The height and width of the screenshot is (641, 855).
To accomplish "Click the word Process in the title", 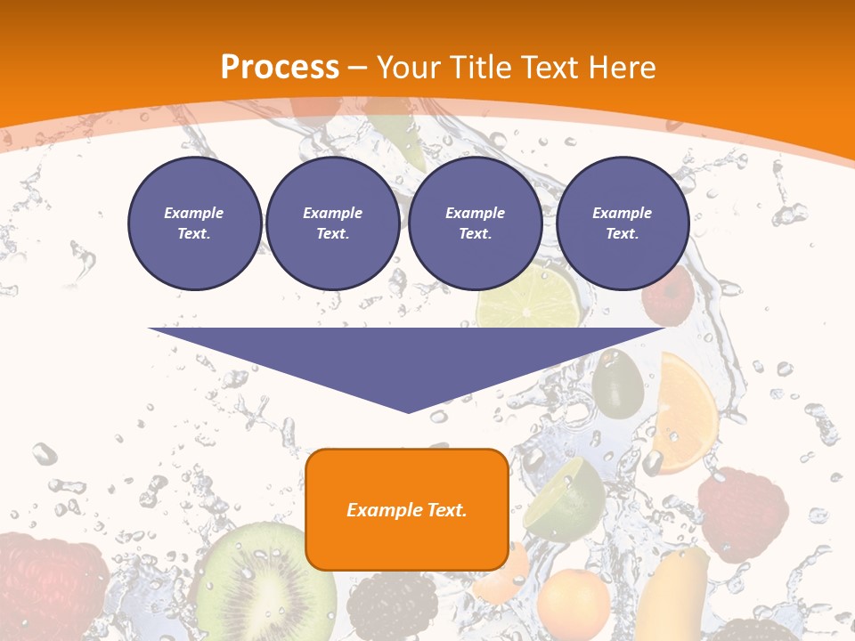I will (x=280, y=68).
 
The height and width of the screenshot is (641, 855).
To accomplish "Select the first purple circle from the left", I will (x=194, y=223).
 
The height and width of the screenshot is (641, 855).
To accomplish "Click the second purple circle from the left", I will (x=332, y=223).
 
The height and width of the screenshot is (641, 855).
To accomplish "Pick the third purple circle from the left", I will (x=475, y=223).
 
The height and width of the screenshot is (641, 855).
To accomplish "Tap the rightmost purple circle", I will (x=622, y=223).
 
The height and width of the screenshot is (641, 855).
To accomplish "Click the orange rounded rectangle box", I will (x=407, y=509).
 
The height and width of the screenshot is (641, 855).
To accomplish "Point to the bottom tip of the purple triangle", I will (x=408, y=412).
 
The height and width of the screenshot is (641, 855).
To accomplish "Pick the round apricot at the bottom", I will (x=573, y=605).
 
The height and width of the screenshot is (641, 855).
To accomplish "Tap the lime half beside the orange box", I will (x=565, y=499).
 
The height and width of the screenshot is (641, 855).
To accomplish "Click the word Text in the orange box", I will (x=444, y=510).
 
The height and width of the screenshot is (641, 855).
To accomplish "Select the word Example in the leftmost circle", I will (x=194, y=213).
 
